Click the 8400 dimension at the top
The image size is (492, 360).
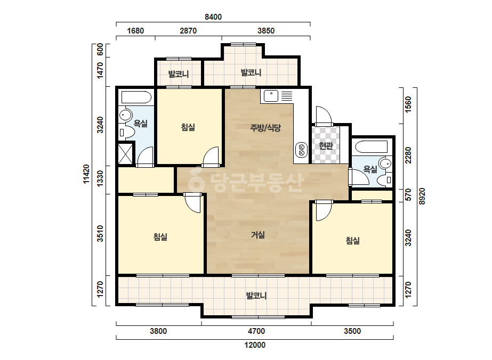coord(213,17)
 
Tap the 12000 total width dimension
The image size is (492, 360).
coord(255,345)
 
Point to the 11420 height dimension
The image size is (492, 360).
coord(86,174)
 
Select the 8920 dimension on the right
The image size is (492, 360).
coord(422,197)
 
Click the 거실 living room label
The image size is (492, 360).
coord(258,234)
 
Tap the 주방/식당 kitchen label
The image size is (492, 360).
coord(265,128)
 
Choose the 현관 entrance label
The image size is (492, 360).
coord(326,145)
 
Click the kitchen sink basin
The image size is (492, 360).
coord(271,96)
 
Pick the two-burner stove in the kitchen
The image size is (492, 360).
coord(302,150)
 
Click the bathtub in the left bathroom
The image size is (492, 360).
coord(136,97)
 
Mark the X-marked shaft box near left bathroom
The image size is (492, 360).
coord(125,153)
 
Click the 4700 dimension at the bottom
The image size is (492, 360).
coord(256,331)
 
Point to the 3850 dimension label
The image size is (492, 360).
coord(266,31)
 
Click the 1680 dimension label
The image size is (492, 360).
coord(135,31)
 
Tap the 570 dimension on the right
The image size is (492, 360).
coord(408,195)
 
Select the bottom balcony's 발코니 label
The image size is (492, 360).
coord(256,296)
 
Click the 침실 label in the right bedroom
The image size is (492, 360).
coord(353,241)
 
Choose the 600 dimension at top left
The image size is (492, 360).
coord(100,50)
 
